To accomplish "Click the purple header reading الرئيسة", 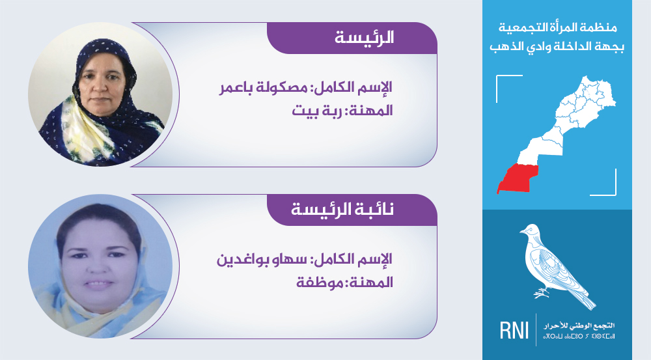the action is pyautogui.click(x=352, y=38).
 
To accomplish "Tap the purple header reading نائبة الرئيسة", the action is pyautogui.click(x=352, y=210).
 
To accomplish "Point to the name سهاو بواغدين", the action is pyautogui.click(x=262, y=260).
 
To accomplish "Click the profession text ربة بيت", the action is pyautogui.click(x=316, y=111).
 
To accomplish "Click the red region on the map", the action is pyautogui.click(x=518, y=178).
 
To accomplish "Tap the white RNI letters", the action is pyautogui.click(x=514, y=330).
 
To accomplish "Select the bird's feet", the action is pyautogui.click(x=540, y=294).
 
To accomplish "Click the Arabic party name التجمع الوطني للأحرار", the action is pyautogui.click(x=579, y=326).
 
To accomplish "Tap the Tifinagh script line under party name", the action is pyautogui.click(x=579, y=335).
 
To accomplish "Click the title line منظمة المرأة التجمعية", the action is pyautogui.click(x=558, y=28).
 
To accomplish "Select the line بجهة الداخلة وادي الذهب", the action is pyautogui.click(x=557, y=46).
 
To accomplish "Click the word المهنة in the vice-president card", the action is pyautogui.click(x=371, y=283).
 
